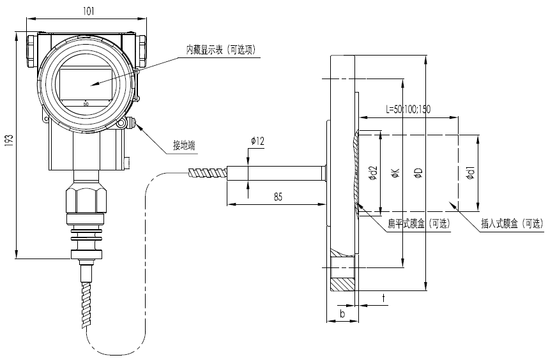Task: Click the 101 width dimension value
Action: click(88, 11)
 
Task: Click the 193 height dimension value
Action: click(10, 140)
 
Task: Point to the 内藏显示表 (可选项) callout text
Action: click(221, 50)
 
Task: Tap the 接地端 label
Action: click(184, 146)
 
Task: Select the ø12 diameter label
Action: click(257, 142)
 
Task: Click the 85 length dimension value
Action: click(278, 197)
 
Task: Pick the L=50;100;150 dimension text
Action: click(408, 109)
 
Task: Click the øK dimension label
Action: click(396, 172)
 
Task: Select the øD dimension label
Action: click(419, 172)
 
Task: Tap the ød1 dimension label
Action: click(471, 173)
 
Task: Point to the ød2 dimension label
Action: click(374, 173)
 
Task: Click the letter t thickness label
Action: click(384, 298)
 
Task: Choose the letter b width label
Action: click(342, 313)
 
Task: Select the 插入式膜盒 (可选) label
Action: click(512, 224)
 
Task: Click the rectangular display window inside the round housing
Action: click(86, 84)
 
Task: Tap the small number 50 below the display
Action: click(86, 103)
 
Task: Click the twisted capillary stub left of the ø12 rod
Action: click(208, 173)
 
